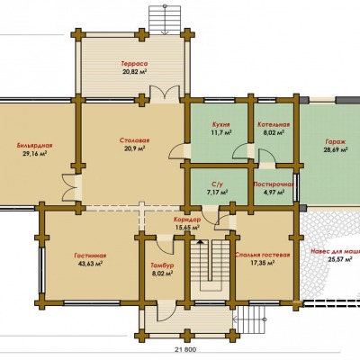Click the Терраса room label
[134, 64]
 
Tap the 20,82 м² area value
[134, 72]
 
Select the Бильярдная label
[34, 146]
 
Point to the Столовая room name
[134, 140]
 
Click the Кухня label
[220, 124]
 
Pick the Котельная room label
[274, 124]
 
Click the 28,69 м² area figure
[336, 150]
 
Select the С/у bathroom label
[219, 184]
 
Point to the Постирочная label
[274, 184]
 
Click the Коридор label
[187, 220]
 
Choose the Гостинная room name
[90, 256]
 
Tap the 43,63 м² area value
[90, 264]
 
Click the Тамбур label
[162, 265]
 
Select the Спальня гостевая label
[263, 255]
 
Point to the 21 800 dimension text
[184, 349]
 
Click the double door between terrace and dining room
[165, 93]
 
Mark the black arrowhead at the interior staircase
[200, 241]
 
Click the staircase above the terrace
[165, 20]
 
